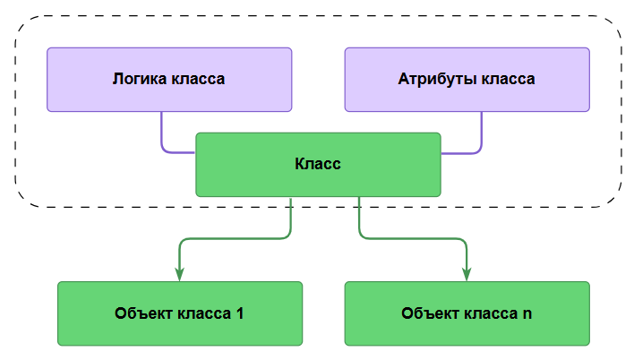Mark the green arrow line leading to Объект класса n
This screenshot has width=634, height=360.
click(x=412, y=239)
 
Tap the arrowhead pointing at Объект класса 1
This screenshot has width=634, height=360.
click(x=180, y=272)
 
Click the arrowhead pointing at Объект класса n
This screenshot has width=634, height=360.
click(x=467, y=272)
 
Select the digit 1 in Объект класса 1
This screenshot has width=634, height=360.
click(x=239, y=313)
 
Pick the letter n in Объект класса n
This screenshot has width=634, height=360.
click(x=527, y=313)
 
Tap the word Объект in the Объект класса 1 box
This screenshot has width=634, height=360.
click(x=142, y=313)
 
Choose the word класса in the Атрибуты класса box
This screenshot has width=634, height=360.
click(x=507, y=79)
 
